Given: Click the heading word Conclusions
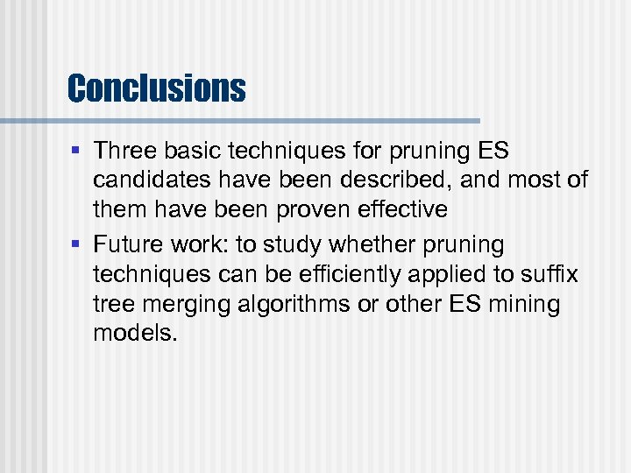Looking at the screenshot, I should click(x=156, y=88).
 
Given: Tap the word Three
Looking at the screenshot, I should click(x=123, y=151).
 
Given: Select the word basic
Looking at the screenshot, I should click(x=188, y=151).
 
